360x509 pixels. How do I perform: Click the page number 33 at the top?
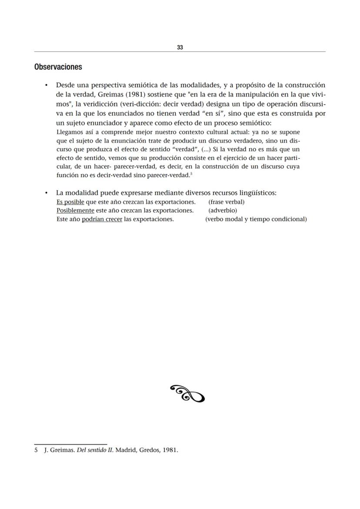(180, 47)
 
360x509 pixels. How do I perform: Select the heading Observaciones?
(58, 67)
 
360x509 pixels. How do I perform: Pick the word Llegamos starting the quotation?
(70, 132)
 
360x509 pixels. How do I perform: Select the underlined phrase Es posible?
(70, 202)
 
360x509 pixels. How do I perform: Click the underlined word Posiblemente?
(75, 210)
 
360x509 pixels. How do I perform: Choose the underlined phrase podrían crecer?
(102, 219)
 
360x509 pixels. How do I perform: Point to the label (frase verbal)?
(227, 202)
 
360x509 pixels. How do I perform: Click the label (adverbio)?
(223, 210)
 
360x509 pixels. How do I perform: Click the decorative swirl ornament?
(187, 393)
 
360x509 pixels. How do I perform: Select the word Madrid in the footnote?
(127, 450)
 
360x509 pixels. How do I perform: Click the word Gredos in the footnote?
(152, 450)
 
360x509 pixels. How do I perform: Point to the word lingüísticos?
(255, 193)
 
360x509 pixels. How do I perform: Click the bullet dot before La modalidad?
(46, 193)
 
